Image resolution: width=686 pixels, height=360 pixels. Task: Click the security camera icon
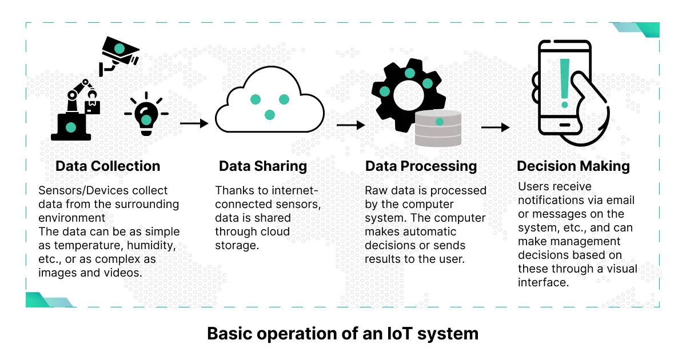pos(119,55)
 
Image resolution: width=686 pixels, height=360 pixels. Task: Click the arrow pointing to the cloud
pos(194,123)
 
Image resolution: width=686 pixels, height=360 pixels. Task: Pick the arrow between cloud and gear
pos(350,125)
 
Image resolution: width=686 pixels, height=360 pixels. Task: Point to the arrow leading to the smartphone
pos(496,127)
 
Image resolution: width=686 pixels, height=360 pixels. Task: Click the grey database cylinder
pos(438,128)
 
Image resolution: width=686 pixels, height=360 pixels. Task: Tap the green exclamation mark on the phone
pos(565,83)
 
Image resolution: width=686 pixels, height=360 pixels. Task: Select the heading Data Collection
pos(108,166)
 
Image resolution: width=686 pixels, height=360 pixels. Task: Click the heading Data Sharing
pos(263,166)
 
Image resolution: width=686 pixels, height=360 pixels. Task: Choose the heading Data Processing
pos(421,166)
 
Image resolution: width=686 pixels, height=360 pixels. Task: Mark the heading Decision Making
pos(573,166)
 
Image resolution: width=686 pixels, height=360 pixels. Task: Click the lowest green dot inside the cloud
pos(269,115)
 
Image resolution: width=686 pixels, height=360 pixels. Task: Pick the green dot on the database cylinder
pos(440,122)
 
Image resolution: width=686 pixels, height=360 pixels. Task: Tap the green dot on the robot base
pos(71,127)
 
